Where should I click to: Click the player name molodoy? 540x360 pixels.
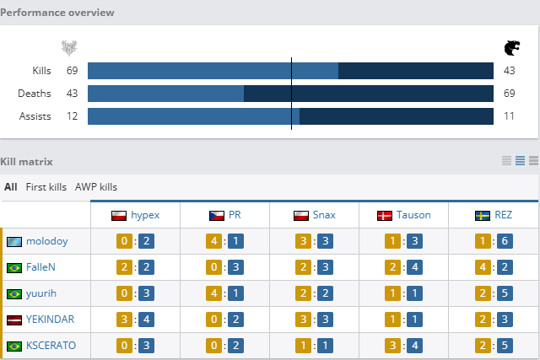(46, 241)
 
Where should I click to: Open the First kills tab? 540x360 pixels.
(46, 187)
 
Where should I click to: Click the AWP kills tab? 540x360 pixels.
(96, 187)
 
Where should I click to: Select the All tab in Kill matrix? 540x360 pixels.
(10, 187)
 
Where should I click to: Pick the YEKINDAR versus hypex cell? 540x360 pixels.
(135, 320)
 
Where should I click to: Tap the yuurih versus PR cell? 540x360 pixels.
(224, 293)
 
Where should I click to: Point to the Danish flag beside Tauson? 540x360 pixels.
(385, 215)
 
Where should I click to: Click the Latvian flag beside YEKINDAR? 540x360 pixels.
(13, 320)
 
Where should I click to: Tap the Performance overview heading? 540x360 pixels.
(57, 13)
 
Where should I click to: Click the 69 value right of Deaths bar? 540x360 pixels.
(510, 93)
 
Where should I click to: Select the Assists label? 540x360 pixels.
(35, 116)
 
